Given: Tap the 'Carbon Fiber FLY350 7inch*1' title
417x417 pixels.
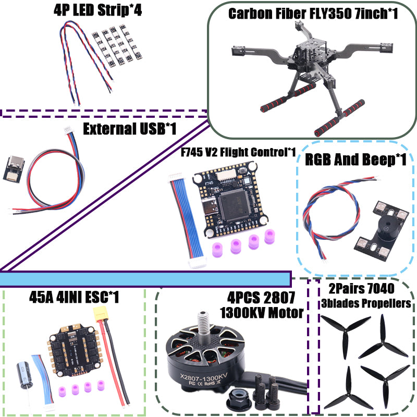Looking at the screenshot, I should point(313,13).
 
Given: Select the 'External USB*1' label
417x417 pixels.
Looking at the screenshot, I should point(129,128).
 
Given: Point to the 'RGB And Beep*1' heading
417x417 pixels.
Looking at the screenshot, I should point(355,160).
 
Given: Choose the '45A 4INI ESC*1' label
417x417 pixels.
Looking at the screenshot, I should point(74,297).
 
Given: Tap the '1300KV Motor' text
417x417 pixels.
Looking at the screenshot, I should point(262,313).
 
